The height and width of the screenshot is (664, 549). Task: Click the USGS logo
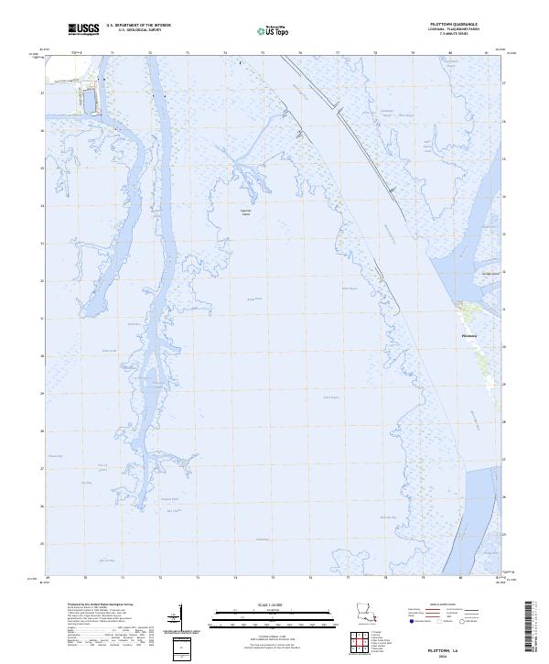pos(85,30)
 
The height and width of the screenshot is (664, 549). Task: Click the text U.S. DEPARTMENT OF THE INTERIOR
pos(138,26)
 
